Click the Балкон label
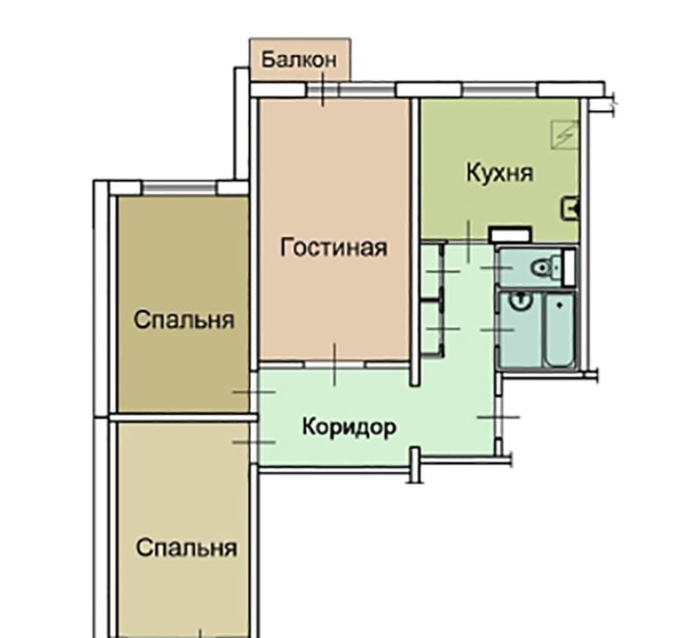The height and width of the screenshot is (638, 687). click(299, 59)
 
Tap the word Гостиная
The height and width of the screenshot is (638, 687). click(334, 247)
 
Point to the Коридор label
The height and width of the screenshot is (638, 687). click(350, 427)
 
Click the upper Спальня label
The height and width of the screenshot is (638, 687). click(184, 320)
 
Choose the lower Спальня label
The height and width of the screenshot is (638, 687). click(186, 547)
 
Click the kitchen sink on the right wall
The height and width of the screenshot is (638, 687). click(570, 208)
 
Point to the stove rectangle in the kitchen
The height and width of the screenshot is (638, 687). click(510, 234)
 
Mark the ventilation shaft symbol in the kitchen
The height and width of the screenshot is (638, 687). click(565, 134)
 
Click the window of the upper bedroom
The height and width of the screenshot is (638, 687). click(179, 189)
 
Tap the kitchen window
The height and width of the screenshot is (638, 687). click(500, 89)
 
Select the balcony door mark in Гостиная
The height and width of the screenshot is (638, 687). click(323, 89)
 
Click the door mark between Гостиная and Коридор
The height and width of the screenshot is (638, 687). click(335, 364)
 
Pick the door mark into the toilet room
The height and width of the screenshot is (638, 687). click(496, 267)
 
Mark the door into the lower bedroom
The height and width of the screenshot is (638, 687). click(254, 442)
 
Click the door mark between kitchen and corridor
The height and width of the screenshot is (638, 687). click(468, 241)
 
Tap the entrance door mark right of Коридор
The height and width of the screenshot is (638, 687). click(498, 417)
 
